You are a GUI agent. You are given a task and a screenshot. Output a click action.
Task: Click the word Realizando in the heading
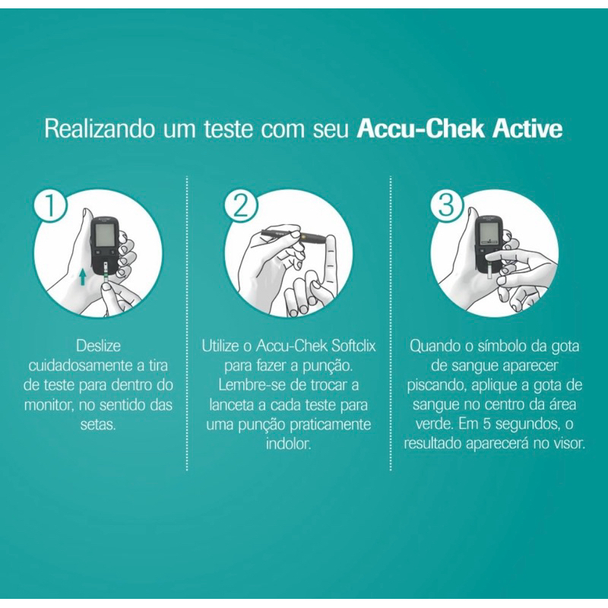tap(100, 129)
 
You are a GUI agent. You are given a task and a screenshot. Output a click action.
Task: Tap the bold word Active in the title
tap(527, 129)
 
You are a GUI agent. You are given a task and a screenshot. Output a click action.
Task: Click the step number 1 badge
tap(50, 206)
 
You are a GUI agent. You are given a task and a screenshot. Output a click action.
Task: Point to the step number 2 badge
tap(241, 205)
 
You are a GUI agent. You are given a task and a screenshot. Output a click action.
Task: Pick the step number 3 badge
tap(446, 204)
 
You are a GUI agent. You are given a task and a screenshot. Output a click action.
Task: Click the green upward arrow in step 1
tap(82, 277)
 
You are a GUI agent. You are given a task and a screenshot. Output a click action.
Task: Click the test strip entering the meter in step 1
tap(106, 273)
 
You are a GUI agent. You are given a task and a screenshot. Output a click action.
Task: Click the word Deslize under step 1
tap(99, 346)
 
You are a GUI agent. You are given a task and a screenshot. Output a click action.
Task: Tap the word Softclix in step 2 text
tap(353, 346)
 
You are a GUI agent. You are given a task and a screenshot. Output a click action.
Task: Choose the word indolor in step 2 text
tap(289, 443)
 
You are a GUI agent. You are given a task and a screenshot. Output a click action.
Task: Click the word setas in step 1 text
tap(98, 424)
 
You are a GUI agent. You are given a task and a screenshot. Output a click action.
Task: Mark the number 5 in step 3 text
tap(487, 424)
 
